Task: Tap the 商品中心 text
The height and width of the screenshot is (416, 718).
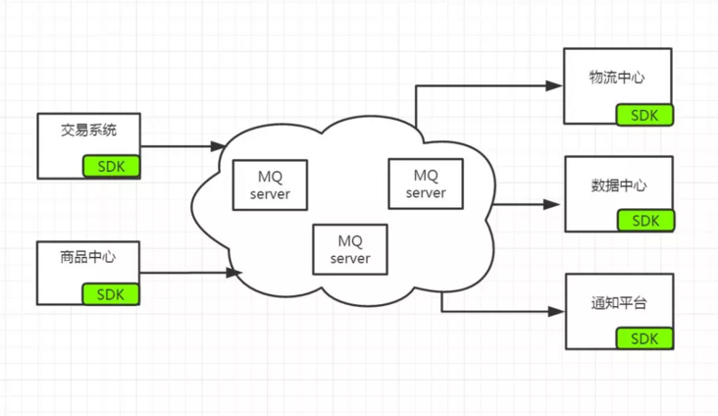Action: coord(88,258)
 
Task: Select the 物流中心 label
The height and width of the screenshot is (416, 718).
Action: coord(617,78)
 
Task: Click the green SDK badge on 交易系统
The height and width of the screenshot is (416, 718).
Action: coord(111,166)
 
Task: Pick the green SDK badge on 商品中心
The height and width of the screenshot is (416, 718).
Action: coord(111,292)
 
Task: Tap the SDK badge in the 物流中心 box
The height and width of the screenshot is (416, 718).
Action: coord(644,114)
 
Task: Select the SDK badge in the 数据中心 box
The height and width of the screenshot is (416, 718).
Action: coord(644,221)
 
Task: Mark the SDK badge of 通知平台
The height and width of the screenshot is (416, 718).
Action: coord(644,338)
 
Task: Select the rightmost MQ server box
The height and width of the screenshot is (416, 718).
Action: coord(426,183)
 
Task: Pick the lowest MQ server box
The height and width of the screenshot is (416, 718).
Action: coord(350,249)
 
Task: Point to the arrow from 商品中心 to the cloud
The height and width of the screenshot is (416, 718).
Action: coord(190,272)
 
